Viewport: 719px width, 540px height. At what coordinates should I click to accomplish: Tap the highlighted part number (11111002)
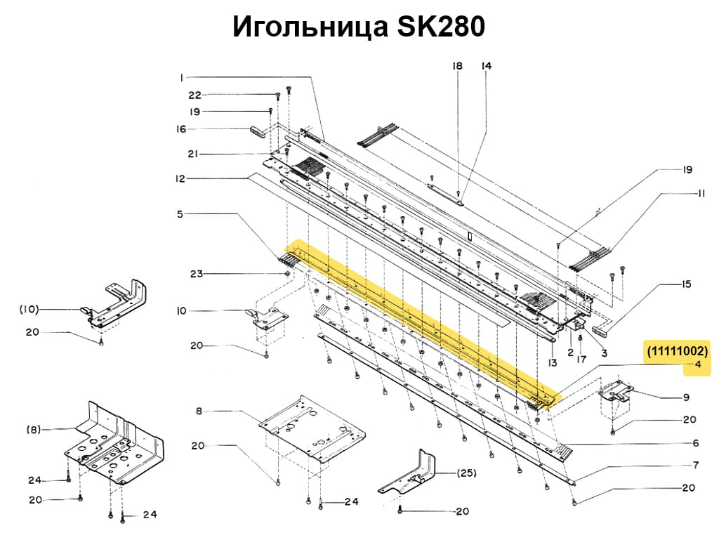[678, 350]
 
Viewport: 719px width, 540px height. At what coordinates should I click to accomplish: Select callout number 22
[194, 96]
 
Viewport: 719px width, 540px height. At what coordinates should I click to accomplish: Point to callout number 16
[180, 129]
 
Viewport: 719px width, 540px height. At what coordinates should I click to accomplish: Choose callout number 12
[180, 179]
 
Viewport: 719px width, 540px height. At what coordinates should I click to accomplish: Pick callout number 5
[180, 213]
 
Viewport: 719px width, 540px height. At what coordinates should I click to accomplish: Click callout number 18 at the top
[458, 66]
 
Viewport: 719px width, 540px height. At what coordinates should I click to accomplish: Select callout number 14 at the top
[486, 66]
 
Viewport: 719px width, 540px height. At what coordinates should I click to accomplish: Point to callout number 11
[701, 194]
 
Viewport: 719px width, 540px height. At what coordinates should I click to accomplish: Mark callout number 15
[686, 284]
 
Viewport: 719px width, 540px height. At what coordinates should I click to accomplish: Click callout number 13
[553, 363]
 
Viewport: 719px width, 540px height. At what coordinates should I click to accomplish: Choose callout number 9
[686, 397]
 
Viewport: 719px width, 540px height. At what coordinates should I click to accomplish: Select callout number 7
[695, 465]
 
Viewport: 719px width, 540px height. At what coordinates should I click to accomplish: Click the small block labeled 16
[261, 130]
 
